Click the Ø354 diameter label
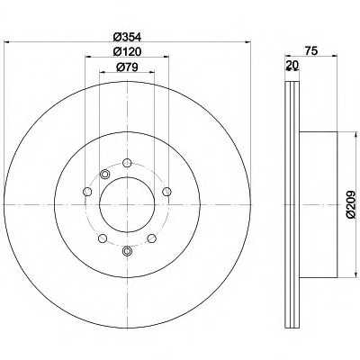tap(127, 37)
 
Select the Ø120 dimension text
tap(127, 51)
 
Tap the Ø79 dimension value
tap(127, 67)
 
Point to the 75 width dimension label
tap(311, 51)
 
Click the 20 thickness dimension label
tap(292, 65)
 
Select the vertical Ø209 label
tap(350, 204)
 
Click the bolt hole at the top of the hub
tap(127, 163)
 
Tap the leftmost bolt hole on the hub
tap(87, 191)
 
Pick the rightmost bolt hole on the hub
tap(166, 191)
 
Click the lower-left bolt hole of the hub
tap(103, 238)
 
